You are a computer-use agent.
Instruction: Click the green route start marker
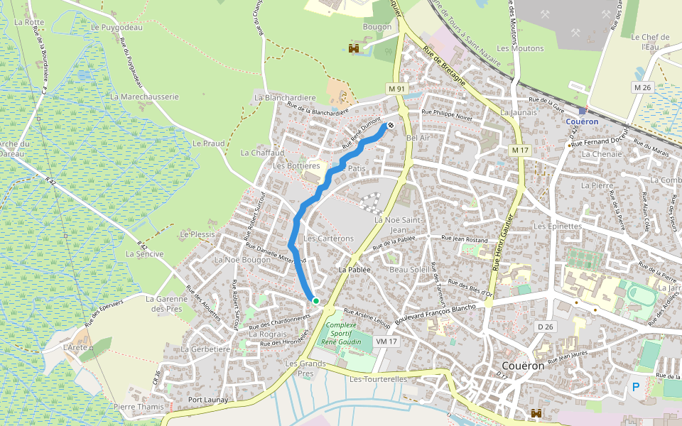[315, 301]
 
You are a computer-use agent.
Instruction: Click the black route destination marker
[390, 126]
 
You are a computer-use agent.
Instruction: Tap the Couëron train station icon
[583, 110]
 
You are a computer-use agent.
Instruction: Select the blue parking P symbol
[636, 387]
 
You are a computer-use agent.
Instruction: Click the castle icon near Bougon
[352, 48]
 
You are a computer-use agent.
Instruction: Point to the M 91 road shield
[396, 88]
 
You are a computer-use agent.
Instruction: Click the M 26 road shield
[642, 87]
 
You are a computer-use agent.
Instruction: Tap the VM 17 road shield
[385, 342]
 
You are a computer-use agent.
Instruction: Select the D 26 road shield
[545, 326]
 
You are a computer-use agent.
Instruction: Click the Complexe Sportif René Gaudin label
[341, 334]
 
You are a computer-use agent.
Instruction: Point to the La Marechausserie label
[144, 96]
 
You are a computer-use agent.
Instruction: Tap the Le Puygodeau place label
[117, 28]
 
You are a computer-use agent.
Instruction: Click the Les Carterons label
[328, 239]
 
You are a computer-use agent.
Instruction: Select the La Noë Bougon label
[242, 260]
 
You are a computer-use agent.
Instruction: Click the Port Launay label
[207, 400]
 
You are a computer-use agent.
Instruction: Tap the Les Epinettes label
[558, 226]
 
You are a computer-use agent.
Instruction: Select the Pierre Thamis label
[139, 407]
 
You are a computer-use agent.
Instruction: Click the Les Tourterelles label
[378, 379]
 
